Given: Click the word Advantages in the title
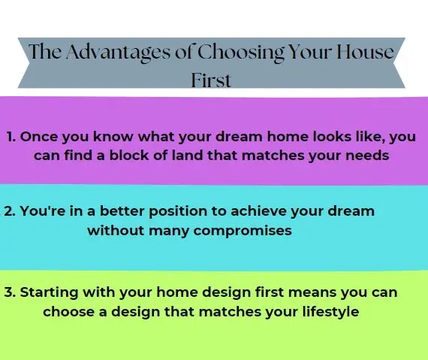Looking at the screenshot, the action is [x=118, y=53].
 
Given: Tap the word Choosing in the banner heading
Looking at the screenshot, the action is [x=240, y=53].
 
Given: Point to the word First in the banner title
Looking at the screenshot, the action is [x=211, y=80].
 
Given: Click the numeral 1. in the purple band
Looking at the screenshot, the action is [x=11, y=137].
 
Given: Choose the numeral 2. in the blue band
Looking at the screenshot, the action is [x=10, y=211].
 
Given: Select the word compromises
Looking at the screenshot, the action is [x=243, y=231].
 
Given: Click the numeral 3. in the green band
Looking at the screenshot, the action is [x=10, y=292].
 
